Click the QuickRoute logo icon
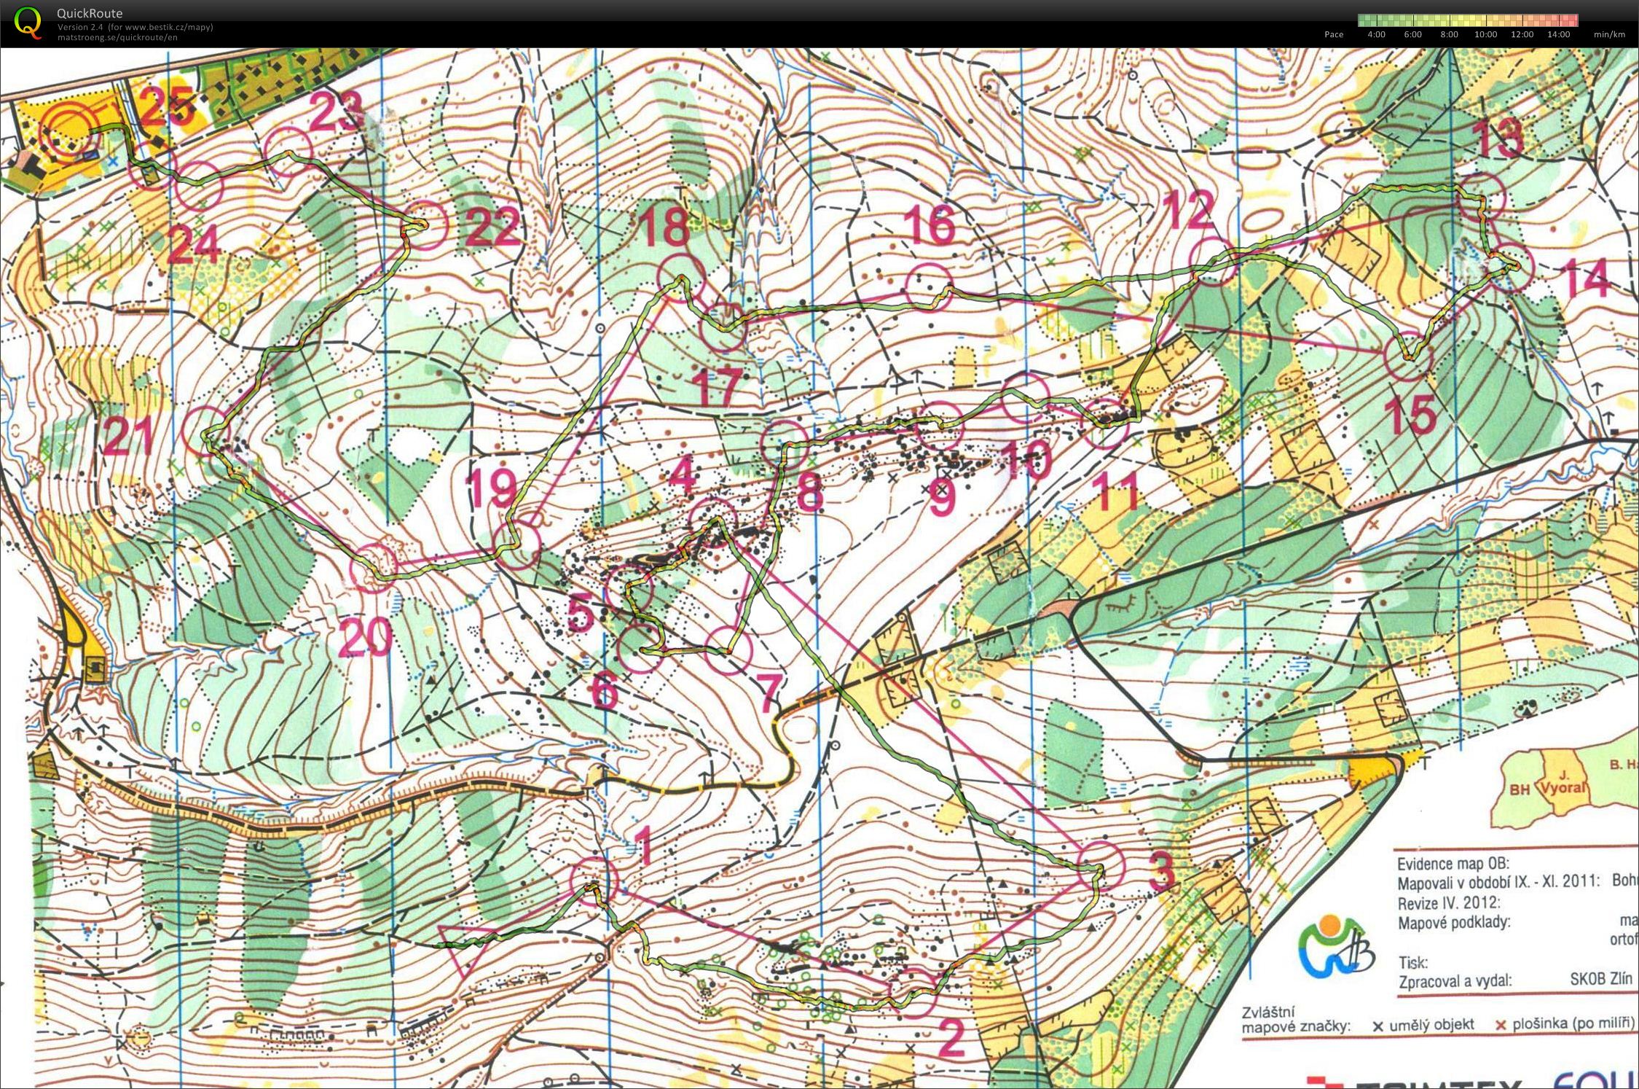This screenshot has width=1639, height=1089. [28, 22]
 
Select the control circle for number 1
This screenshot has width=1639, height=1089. [594, 881]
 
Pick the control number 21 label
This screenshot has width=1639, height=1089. [129, 435]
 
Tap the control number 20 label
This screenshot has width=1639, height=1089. [366, 638]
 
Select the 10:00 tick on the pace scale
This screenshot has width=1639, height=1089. [1485, 34]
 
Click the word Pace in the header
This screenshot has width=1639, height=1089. [1334, 34]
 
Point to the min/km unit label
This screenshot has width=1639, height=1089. [1609, 34]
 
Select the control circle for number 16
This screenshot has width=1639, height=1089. [929, 287]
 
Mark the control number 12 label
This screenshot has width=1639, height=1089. [1188, 209]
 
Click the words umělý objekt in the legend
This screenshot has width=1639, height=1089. [1431, 1025]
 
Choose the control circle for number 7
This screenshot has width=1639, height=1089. [728, 650]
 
